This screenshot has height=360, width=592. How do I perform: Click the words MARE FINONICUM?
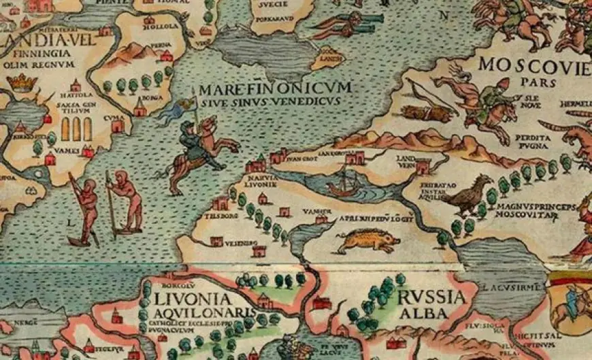275,89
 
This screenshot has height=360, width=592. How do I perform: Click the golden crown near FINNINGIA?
22,84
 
